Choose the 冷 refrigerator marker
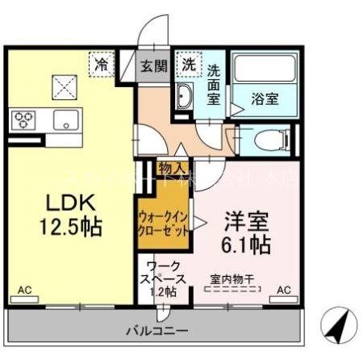(x=102, y=61)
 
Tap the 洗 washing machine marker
(x=188, y=62)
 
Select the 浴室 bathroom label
(x=265, y=99)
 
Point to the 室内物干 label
(x=232, y=279)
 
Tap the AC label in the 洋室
(x=284, y=289)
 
